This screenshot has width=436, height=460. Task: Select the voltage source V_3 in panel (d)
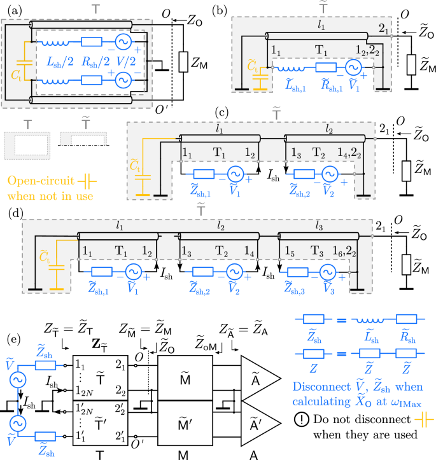click(x=327, y=270)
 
